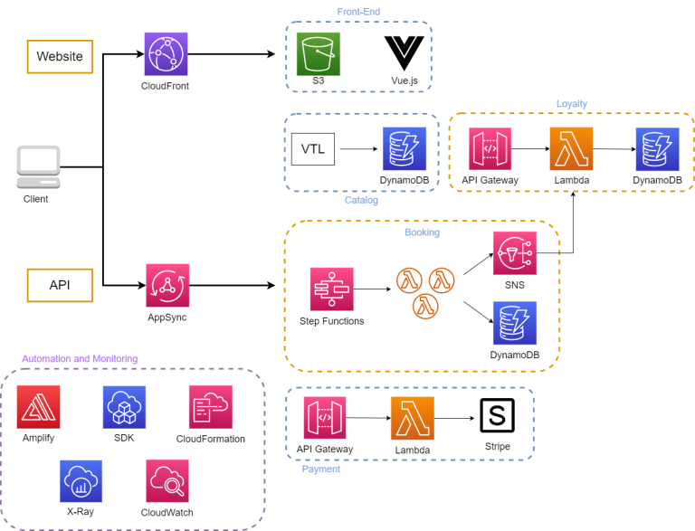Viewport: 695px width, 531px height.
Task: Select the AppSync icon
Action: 167,286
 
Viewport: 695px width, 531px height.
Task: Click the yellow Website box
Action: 60,56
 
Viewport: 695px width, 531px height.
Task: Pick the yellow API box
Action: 60,284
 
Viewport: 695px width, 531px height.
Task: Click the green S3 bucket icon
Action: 319,54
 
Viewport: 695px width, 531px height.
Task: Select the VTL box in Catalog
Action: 312,149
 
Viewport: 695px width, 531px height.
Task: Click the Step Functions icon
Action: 331,289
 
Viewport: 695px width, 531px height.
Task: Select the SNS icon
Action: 515,254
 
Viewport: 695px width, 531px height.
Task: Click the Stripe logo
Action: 497,417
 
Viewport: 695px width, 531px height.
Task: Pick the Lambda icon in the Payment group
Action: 413,418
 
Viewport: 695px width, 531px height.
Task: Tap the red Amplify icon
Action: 38,407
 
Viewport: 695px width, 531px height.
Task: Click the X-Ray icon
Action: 81,481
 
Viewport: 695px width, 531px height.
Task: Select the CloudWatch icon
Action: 167,481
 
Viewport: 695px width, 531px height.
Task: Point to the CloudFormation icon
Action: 211,407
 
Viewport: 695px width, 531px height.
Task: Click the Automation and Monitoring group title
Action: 80,359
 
